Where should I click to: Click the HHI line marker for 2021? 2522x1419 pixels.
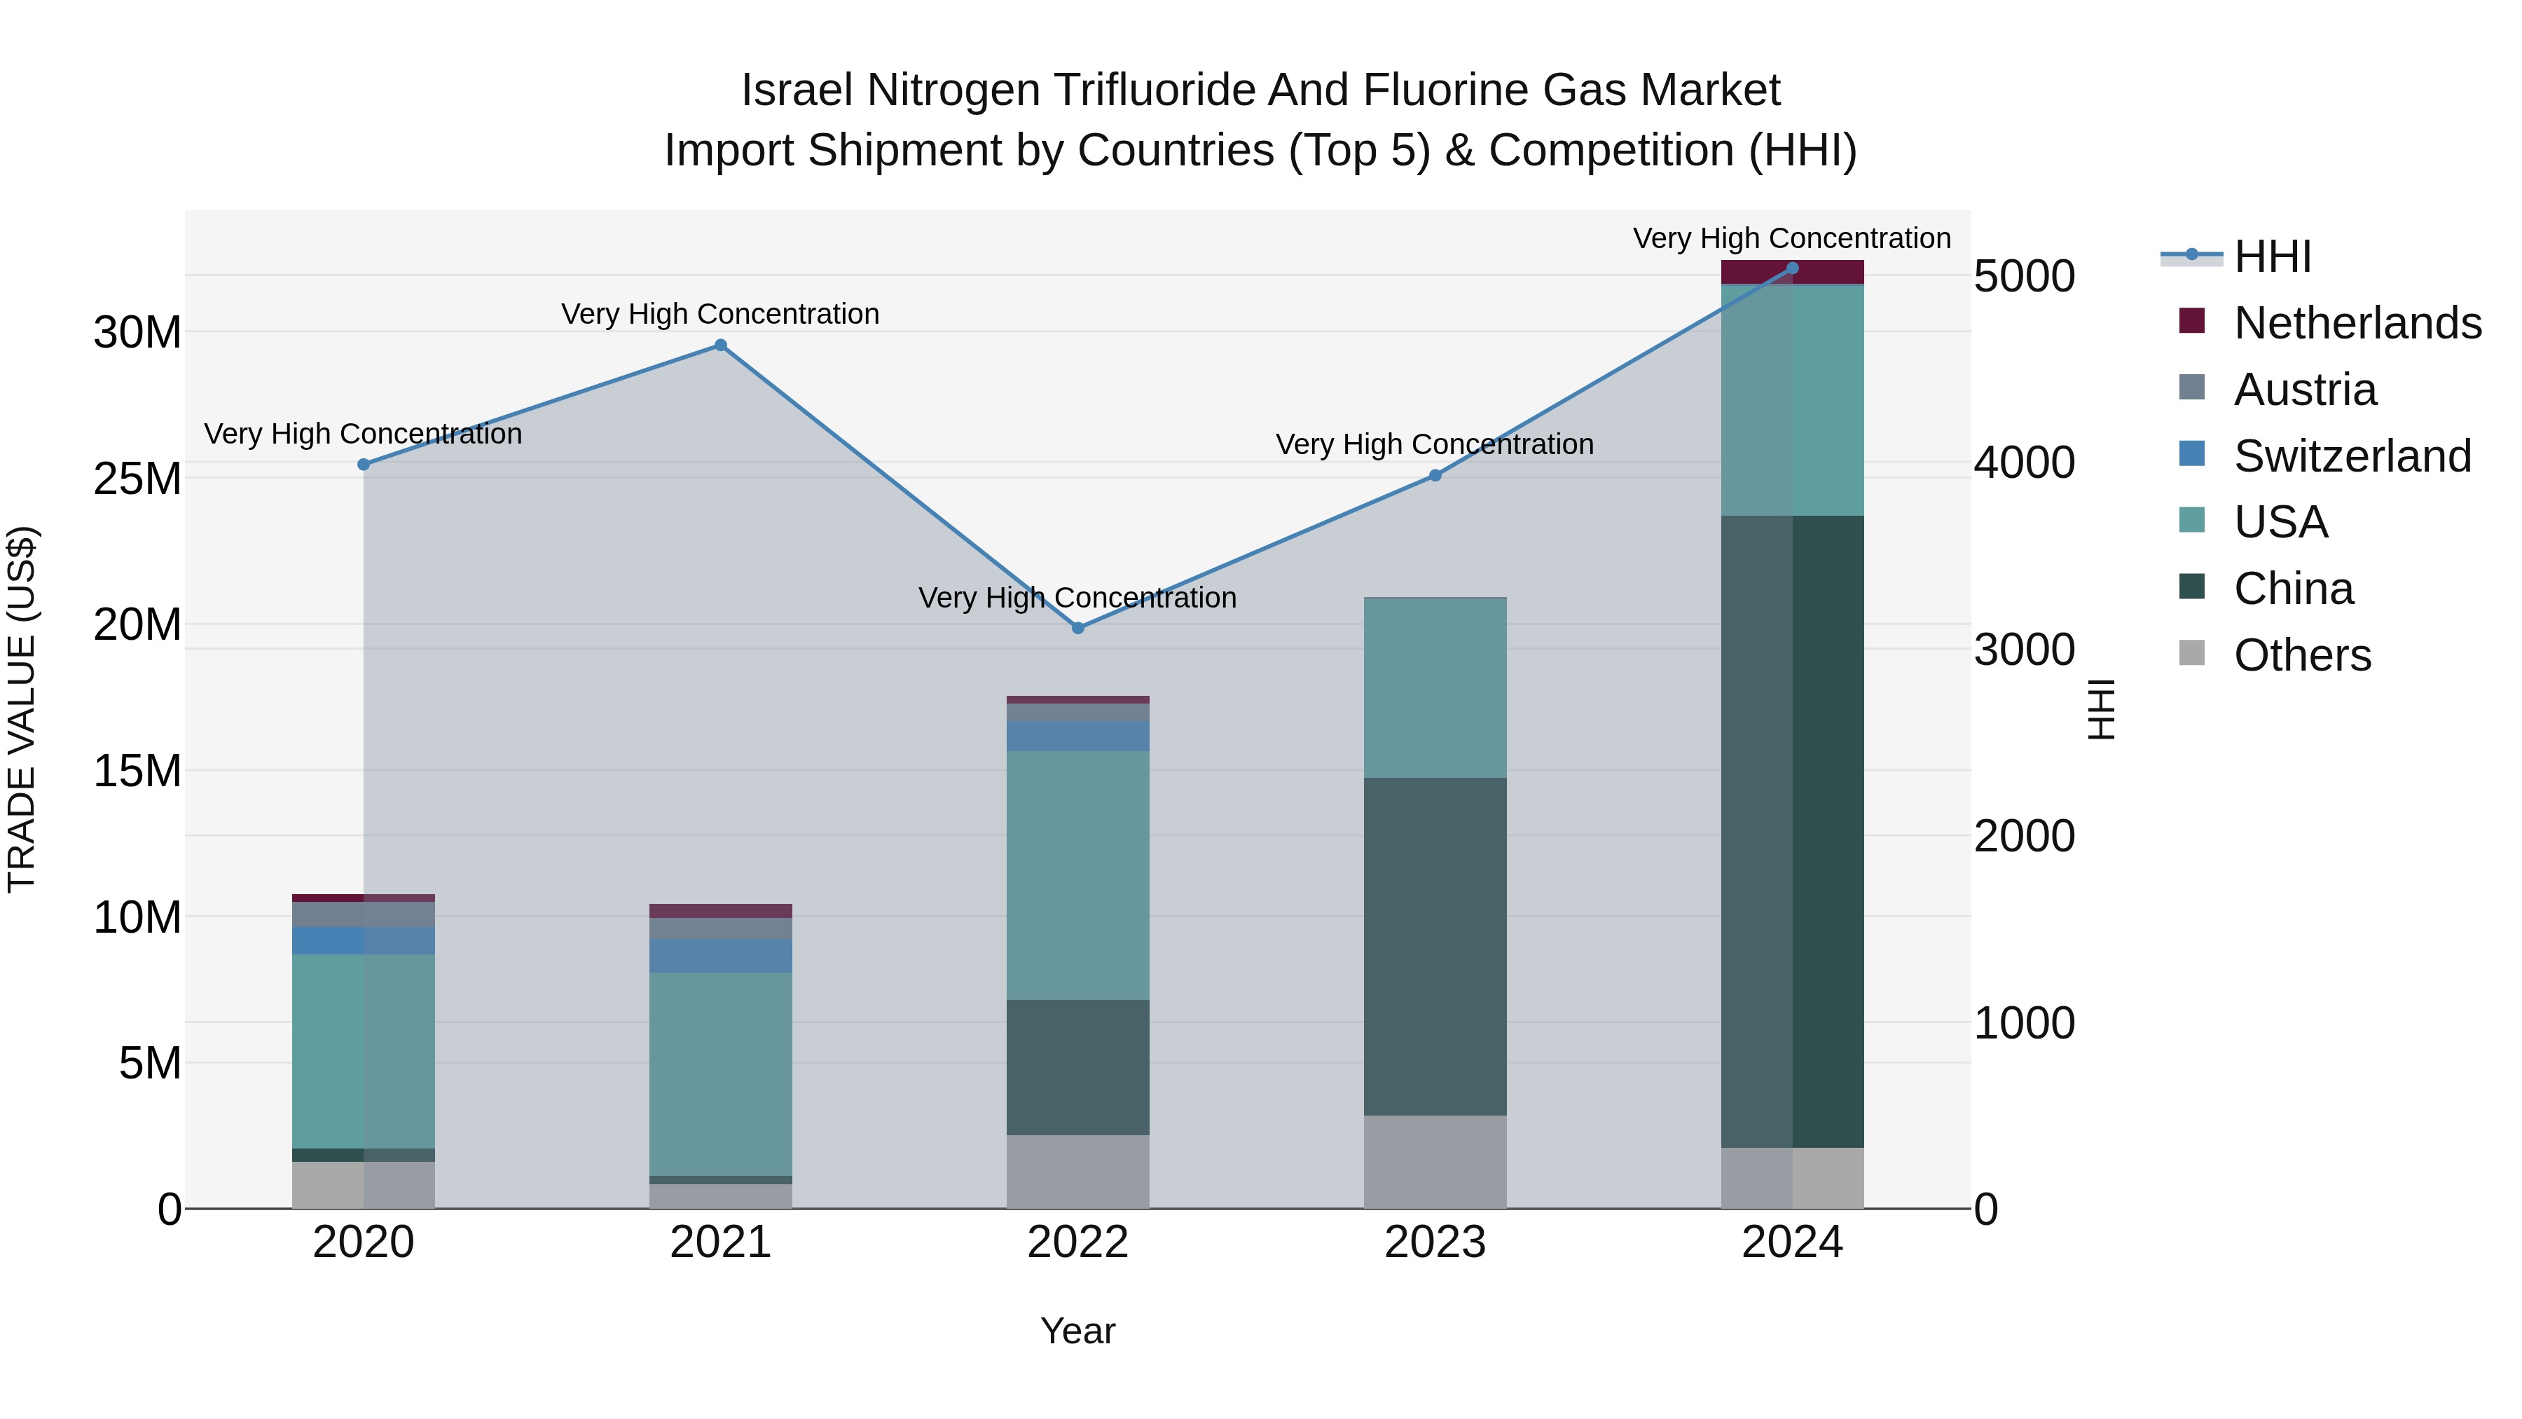tap(721, 345)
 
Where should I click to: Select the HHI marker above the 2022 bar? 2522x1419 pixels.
tap(1078, 628)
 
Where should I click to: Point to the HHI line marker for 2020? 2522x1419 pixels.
tap(363, 464)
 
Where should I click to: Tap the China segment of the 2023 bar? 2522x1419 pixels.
tap(1435, 946)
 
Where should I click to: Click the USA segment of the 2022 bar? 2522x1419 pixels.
tap(1078, 875)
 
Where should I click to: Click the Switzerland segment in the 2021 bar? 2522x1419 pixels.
tap(721, 956)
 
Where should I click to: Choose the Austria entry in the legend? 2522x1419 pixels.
tap(2305, 390)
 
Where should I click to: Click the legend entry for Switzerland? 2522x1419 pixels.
tap(2352, 456)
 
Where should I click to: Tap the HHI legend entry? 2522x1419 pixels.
tap(2271, 256)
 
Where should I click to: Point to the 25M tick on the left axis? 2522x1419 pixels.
tap(137, 479)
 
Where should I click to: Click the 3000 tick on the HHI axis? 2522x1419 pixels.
tap(2024, 650)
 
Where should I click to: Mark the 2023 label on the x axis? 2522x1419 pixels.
tap(1435, 1242)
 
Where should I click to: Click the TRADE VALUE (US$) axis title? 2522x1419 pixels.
tap(22, 709)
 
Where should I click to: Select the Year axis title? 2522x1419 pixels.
tap(1078, 1331)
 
